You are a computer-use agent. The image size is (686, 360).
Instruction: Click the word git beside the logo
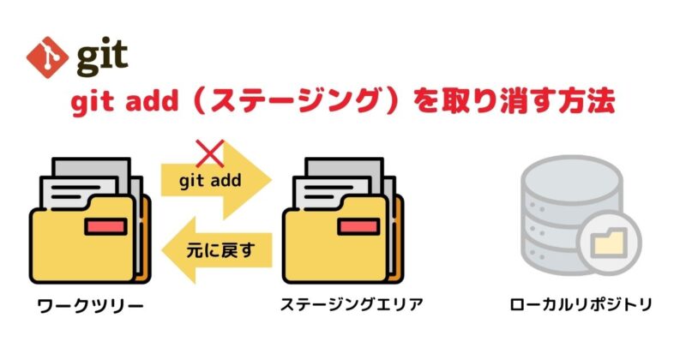pyautogui.click(x=102, y=57)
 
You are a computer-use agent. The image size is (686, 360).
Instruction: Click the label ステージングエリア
pyautogui.click(x=351, y=304)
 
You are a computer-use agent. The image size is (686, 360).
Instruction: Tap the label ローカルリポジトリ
pyautogui.click(x=579, y=304)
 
